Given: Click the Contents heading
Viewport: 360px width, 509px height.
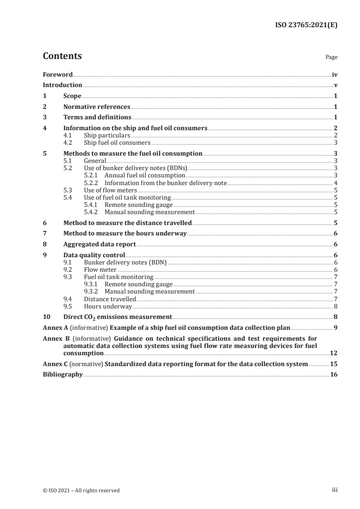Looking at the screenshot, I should click(62, 56).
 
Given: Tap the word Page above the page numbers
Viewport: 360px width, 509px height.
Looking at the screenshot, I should click(331, 58).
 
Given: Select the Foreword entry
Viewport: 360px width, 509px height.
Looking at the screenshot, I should click(58, 74).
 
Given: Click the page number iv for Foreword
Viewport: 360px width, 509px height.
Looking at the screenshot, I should click(335, 74).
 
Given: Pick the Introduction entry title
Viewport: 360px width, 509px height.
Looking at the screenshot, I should click(62, 85).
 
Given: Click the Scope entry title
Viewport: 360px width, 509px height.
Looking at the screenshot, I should click(72, 96).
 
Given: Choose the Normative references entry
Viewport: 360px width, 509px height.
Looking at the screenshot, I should click(97, 107).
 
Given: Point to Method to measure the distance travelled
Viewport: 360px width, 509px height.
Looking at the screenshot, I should click(127, 223).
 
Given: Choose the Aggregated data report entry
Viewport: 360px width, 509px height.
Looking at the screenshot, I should click(99, 245).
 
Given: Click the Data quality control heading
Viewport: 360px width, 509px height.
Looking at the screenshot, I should click(94, 255).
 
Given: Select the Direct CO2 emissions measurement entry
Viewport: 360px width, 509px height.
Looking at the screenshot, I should click(117, 317).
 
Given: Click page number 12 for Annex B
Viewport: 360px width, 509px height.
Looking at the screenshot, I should click(334, 353).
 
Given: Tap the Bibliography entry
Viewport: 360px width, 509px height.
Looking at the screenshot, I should click(63, 375).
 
